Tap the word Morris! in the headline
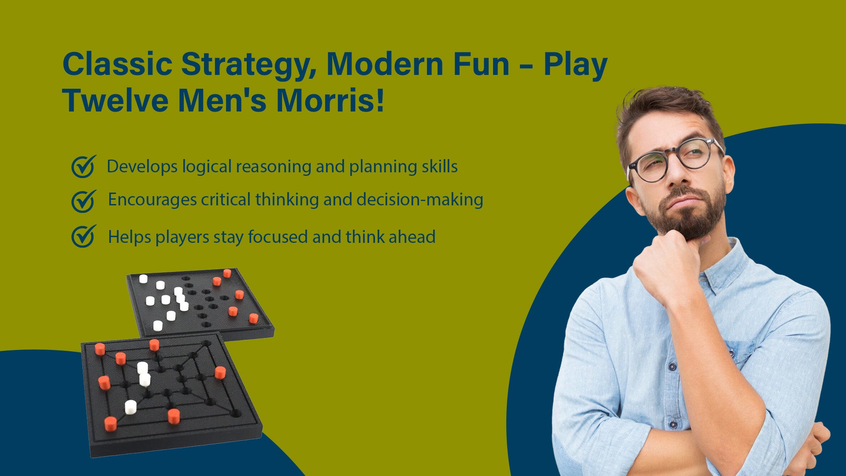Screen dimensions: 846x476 (x=330, y=100)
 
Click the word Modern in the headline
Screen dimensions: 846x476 (x=385, y=64)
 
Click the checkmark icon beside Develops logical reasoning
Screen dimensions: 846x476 (x=83, y=166)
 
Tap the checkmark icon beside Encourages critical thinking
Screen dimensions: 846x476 (x=83, y=201)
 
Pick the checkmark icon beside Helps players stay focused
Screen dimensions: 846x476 (x=83, y=236)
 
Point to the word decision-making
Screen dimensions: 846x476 (x=420, y=200)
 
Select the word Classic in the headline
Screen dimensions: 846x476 (x=117, y=64)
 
